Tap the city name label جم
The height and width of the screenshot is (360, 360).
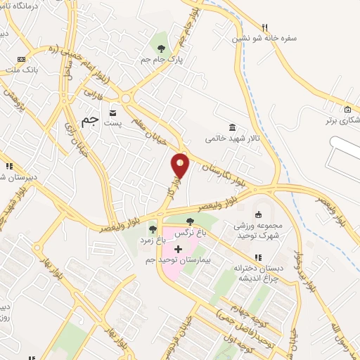tap(90, 119)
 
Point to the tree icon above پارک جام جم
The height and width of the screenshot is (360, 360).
tap(162, 49)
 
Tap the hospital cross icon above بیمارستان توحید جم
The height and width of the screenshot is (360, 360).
tap(178, 249)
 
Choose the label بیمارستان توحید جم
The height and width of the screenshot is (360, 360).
tap(178, 261)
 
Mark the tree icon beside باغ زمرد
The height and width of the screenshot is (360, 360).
tap(153, 229)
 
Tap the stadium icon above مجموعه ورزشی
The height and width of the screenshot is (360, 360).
tap(257, 214)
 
